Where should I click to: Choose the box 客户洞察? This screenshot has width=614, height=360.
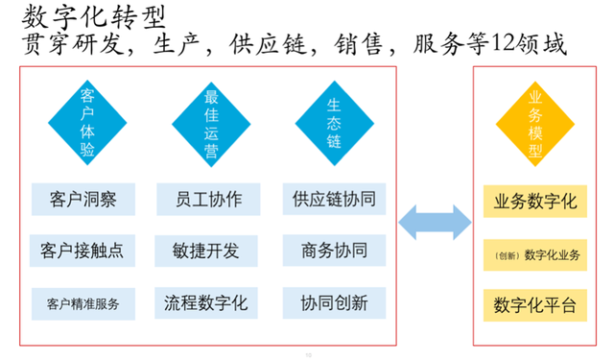(x=83, y=199)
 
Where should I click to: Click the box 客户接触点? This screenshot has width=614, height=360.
(x=83, y=251)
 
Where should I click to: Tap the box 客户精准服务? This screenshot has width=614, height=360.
(x=83, y=304)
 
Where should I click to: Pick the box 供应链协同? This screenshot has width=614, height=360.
(x=334, y=199)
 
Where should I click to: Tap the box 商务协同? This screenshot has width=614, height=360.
(x=334, y=251)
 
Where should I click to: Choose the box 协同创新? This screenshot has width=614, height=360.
(x=334, y=303)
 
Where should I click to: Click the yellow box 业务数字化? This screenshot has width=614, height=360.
(x=534, y=201)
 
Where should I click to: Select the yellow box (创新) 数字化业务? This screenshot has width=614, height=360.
(x=534, y=255)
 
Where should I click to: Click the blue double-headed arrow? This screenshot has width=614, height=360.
(x=436, y=224)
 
